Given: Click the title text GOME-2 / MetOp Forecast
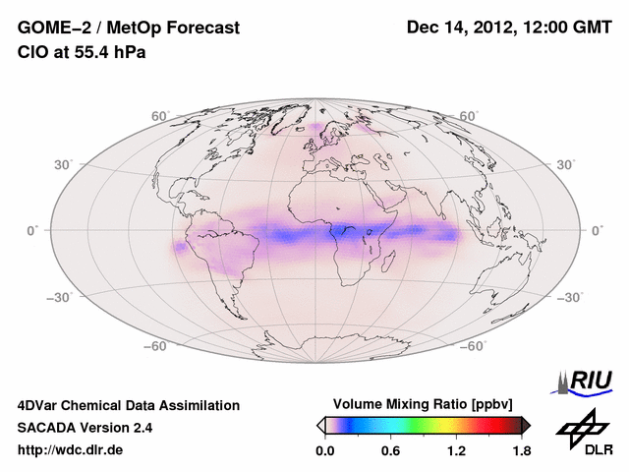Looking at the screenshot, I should [128, 29].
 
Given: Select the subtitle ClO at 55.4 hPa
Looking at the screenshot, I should [82, 52].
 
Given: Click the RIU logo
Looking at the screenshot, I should [585, 381].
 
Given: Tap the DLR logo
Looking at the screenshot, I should [586, 434].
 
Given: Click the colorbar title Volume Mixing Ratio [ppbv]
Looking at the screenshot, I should [424, 404].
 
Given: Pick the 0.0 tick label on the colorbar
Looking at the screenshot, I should [325, 450].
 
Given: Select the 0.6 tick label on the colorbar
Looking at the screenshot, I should [390, 450].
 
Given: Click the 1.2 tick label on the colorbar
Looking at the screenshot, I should [455, 450].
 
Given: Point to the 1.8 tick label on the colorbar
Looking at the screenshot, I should [521, 450].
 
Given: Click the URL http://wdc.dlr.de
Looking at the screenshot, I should [71, 450].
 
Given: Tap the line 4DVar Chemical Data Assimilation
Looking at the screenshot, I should [128, 405].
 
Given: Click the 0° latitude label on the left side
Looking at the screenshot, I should [32, 230].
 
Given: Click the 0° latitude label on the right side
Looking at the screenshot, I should [597, 230].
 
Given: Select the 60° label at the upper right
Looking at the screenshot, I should [469, 116].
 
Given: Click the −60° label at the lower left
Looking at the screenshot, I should [157, 345].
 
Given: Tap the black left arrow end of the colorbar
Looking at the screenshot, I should [321, 425].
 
